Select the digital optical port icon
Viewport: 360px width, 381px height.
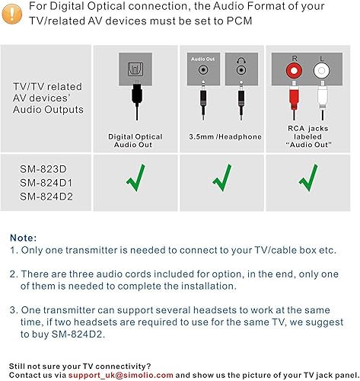click(134, 70)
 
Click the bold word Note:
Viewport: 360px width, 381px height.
click(23, 237)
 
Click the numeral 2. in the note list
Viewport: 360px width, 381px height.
click(14, 274)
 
